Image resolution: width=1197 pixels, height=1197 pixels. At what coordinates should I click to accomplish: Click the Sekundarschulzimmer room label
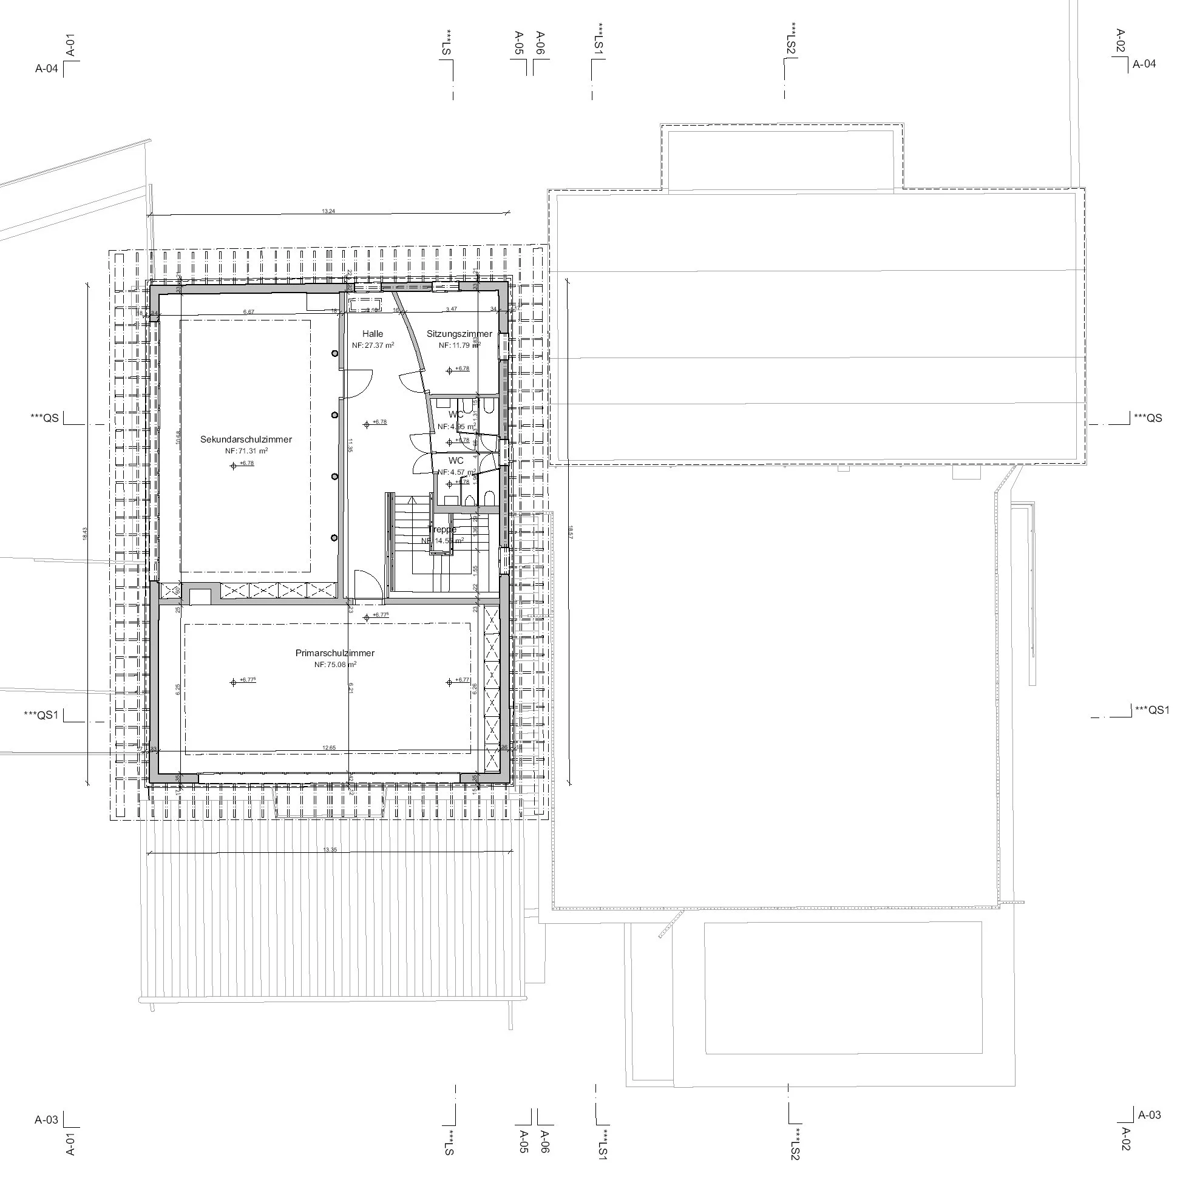[x=246, y=440]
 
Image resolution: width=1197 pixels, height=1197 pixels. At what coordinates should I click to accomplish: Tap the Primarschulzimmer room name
[x=334, y=653]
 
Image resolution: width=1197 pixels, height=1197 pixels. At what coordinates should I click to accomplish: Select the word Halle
[x=373, y=334]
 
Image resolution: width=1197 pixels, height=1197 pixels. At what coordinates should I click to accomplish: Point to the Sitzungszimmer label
[x=459, y=334]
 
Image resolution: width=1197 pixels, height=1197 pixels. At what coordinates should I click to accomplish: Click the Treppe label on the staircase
[x=443, y=530]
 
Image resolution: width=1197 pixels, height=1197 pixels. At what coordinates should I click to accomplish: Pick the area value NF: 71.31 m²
[x=246, y=452]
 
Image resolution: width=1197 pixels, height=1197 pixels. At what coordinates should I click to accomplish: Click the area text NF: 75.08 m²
[x=334, y=665]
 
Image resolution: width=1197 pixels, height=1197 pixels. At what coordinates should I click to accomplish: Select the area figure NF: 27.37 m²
[x=373, y=346]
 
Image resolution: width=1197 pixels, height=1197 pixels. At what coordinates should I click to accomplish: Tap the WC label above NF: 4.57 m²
[x=456, y=461]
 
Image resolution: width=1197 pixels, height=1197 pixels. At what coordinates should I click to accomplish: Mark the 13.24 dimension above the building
[x=328, y=211]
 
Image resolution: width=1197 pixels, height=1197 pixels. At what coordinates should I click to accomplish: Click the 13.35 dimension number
[x=330, y=850]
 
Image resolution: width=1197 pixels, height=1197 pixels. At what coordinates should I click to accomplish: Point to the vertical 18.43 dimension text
[x=85, y=534]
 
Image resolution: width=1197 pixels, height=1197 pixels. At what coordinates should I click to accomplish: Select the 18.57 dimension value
[x=571, y=532]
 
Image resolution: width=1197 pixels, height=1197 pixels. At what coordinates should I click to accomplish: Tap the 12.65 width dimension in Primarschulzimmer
[x=329, y=748]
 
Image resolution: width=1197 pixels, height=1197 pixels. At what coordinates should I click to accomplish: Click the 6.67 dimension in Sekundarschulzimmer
[x=248, y=311]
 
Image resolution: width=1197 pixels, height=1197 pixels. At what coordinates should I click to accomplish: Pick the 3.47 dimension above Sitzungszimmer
[x=452, y=308]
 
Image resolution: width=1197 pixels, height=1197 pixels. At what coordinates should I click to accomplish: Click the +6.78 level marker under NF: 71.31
[x=246, y=463]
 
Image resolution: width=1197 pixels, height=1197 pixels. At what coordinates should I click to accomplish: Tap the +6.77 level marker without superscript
[x=462, y=680]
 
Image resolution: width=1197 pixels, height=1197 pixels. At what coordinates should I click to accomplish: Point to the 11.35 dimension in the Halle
[x=350, y=446]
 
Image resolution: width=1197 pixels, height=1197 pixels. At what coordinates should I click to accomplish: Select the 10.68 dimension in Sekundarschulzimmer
[x=178, y=437]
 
